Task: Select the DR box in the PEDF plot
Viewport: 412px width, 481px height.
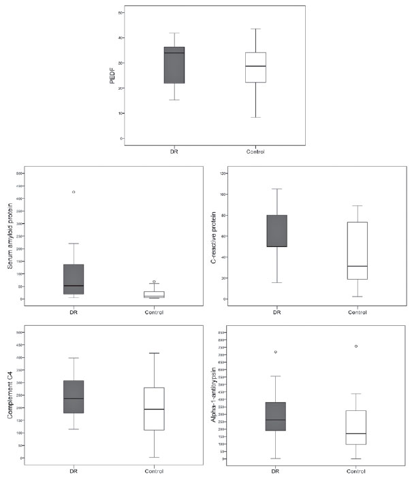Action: [174, 65]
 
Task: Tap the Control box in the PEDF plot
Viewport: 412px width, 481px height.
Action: [255, 67]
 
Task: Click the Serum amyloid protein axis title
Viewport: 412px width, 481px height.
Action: [11, 235]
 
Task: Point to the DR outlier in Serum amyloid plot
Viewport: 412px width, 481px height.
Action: [74, 192]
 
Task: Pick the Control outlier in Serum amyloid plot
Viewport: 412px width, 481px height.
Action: [154, 282]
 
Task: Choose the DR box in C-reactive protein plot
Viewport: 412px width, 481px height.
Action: [276, 231]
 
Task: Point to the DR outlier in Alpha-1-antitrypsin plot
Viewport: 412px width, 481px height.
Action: [276, 352]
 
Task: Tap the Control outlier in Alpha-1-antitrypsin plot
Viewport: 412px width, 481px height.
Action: [356, 346]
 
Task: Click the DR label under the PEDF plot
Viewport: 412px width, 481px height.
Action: [174, 151]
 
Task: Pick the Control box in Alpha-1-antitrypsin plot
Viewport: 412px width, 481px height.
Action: [357, 427]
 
